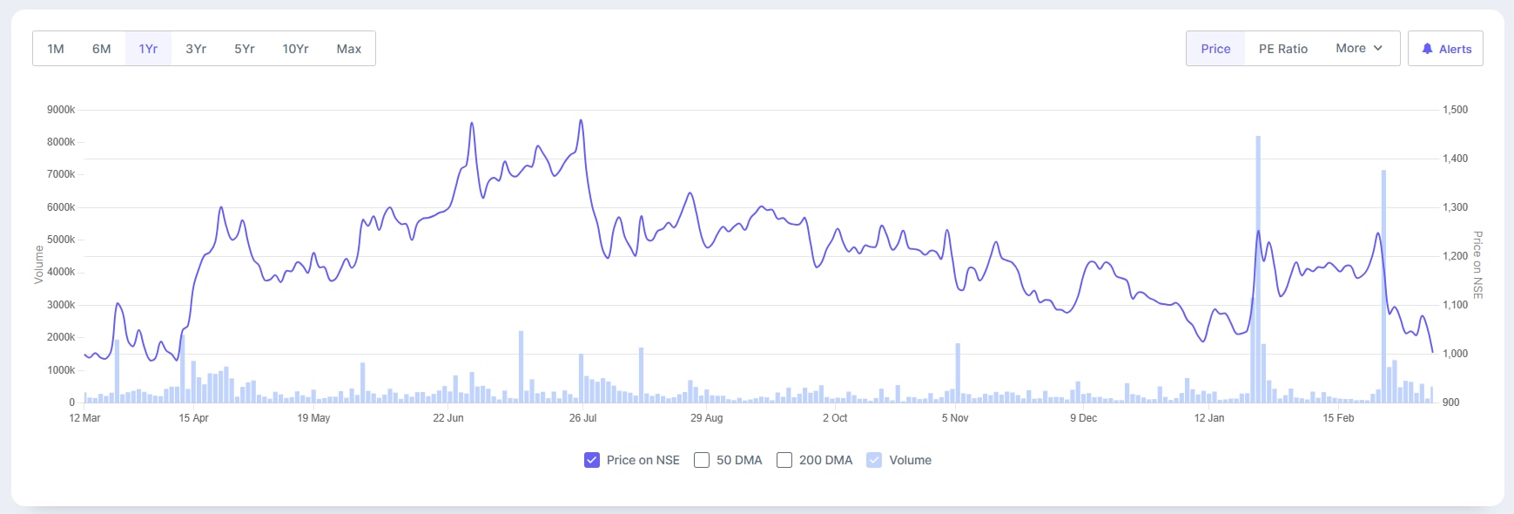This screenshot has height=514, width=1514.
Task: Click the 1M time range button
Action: pyautogui.click(x=56, y=49)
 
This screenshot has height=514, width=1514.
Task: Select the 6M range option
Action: pyautogui.click(x=102, y=49)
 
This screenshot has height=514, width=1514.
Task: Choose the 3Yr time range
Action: pyautogui.click(x=196, y=49)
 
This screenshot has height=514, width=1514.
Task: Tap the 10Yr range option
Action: pyautogui.click(x=295, y=49)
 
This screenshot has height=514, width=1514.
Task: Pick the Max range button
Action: pyautogui.click(x=349, y=49)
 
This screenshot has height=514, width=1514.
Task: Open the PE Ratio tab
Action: pyautogui.click(x=1283, y=49)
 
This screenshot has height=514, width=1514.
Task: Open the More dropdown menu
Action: pyautogui.click(x=1359, y=49)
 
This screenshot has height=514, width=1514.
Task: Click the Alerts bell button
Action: pyautogui.click(x=1445, y=49)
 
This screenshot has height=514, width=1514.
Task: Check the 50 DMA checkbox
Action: pyautogui.click(x=702, y=460)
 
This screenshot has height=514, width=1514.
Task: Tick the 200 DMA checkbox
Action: pyautogui.click(x=784, y=460)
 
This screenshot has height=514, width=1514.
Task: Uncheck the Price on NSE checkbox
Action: pyautogui.click(x=592, y=460)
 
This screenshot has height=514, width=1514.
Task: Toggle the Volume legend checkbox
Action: pyautogui.click(x=874, y=460)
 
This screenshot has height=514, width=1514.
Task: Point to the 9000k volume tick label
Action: pyautogui.click(x=61, y=110)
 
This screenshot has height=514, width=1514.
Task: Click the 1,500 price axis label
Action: pyautogui.click(x=1455, y=110)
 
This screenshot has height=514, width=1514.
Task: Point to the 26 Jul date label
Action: pyautogui.click(x=582, y=418)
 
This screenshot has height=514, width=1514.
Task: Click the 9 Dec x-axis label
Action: pyautogui.click(x=1083, y=418)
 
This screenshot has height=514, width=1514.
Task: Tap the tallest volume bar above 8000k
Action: pyautogui.click(x=1258, y=261)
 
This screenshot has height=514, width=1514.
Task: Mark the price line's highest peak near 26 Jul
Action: pyautogui.click(x=581, y=120)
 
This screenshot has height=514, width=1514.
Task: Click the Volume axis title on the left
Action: pyautogui.click(x=38, y=265)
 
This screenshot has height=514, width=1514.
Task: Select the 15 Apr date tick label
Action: pyautogui.click(x=193, y=418)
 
